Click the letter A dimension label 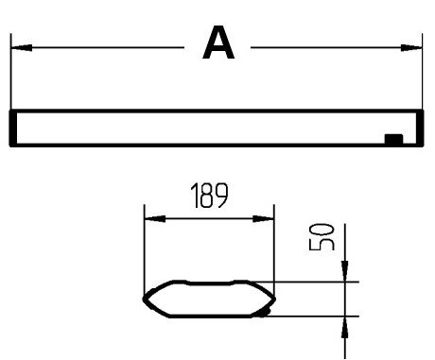coord(218,43)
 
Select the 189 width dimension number coord(209,196)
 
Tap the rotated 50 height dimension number coord(322,237)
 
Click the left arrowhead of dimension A coord(22,48)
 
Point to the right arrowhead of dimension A coord(411,48)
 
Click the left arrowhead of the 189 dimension coord(155,218)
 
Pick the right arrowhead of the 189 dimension coord(264,218)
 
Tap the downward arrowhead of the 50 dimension coord(345,271)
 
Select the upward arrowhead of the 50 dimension coord(345,327)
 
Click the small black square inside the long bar coord(393,139)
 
